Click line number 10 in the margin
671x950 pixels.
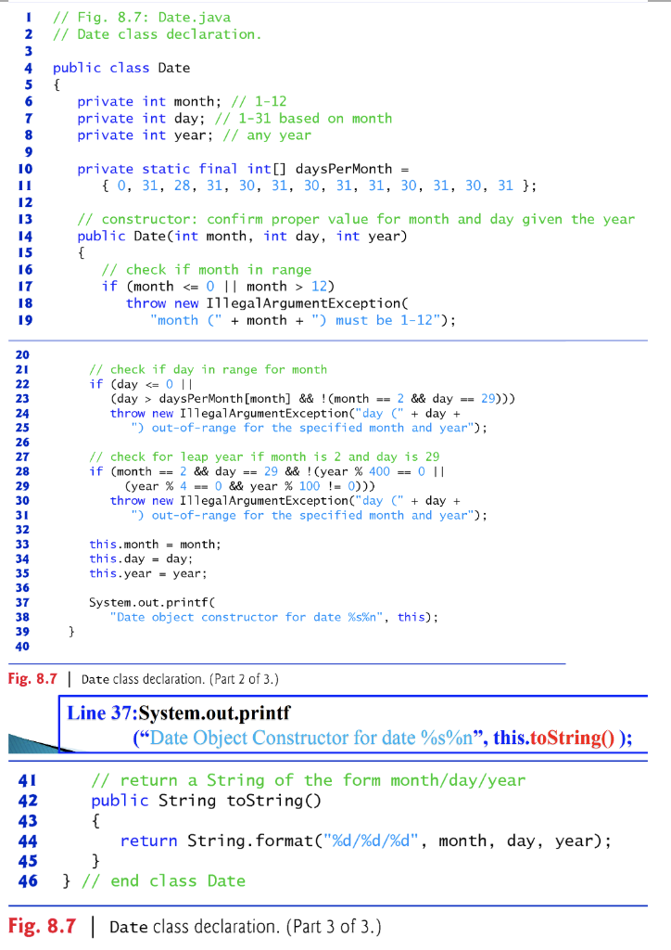click(x=27, y=169)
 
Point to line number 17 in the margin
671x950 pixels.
click(x=27, y=286)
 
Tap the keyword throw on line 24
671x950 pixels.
click(x=127, y=413)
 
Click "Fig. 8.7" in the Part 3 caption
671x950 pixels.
click(x=41, y=925)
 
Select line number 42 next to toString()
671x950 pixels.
click(x=27, y=800)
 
